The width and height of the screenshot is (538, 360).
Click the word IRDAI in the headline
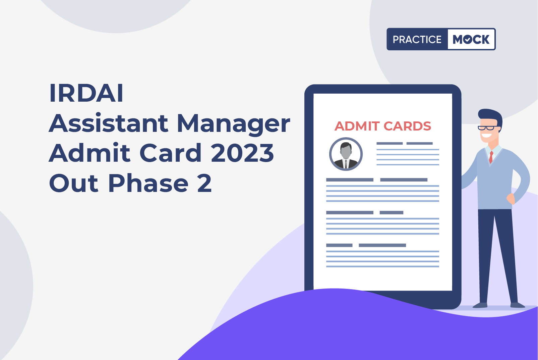(x=86, y=93)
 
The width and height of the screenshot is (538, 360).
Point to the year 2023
(x=242, y=153)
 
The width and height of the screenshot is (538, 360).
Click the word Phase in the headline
(x=148, y=183)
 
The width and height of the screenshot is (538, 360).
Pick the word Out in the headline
(x=74, y=184)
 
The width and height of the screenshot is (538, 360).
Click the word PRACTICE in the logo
(x=417, y=39)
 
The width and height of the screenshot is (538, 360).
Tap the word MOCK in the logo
(x=471, y=39)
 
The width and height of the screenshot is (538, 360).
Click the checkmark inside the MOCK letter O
(x=468, y=40)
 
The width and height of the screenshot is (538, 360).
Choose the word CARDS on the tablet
(x=407, y=126)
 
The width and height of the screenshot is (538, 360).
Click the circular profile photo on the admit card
(x=346, y=154)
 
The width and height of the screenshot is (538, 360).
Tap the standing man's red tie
(x=491, y=157)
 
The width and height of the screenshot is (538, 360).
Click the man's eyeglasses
(x=488, y=127)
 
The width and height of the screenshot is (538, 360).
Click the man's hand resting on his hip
(x=511, y=199)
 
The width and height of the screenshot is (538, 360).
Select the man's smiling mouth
(x=486, y=136)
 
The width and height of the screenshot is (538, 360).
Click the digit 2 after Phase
(x=204, y=183)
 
